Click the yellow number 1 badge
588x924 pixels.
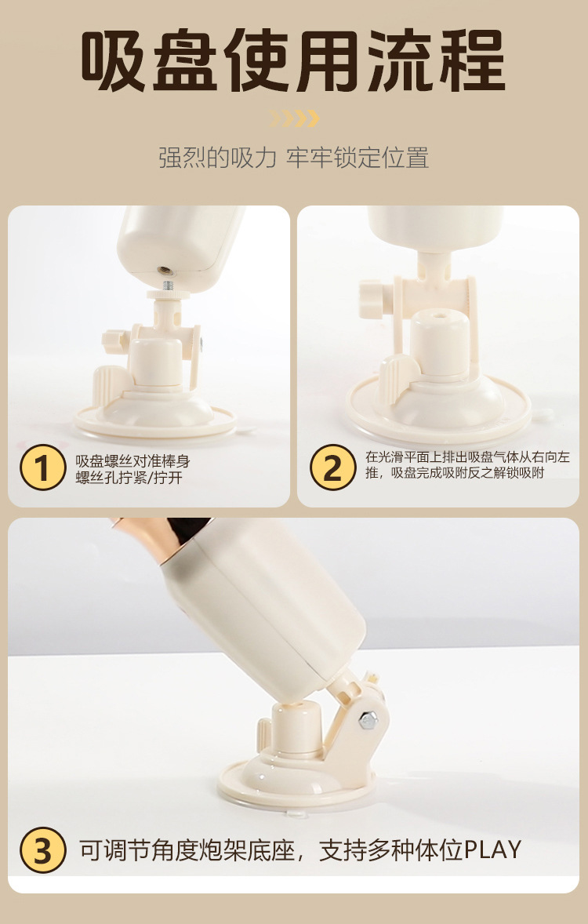[42, 467]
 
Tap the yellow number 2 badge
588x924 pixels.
[333, 467]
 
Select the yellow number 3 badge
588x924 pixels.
[42, 849]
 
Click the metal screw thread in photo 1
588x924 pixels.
[168, 286]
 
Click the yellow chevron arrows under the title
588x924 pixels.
[295, 118]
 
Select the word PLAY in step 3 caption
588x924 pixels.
[493, 849]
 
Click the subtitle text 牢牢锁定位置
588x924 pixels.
[358, 158]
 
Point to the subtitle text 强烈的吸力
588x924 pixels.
[217, 158]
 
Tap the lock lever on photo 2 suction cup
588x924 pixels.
[398, 372]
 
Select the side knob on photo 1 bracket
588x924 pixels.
[115, 340]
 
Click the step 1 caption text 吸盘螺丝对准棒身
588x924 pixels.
[132, 460]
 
